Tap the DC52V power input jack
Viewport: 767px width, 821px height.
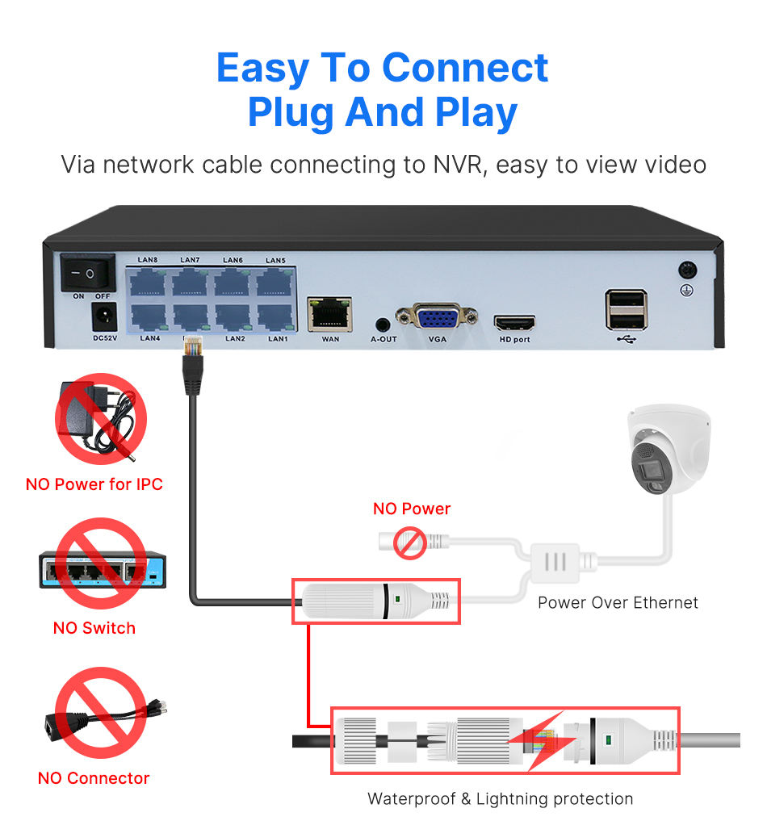click(104, 316)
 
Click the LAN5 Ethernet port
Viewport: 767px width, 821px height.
click(275, 282)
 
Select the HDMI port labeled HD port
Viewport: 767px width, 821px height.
click(514, 323)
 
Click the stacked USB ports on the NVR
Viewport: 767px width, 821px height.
click(626, 309)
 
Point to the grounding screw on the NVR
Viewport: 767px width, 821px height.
click(688, 270)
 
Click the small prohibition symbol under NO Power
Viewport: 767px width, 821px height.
click(410, 542)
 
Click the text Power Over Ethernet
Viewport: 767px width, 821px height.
click(618, 602)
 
